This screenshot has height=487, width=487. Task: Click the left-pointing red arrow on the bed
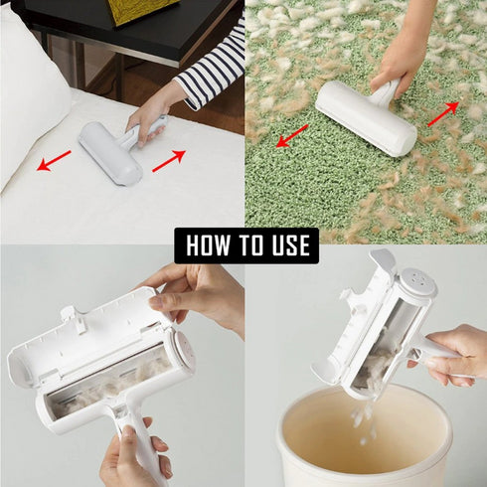click(x=55, y=160)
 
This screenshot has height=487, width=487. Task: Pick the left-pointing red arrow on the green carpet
click(x=292, y=135)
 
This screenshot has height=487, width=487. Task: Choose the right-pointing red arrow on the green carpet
click(x=443, y=113)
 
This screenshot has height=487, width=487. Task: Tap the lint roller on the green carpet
click(x=366, y=118)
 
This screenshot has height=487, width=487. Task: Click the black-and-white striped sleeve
click(x=211, y=70)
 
